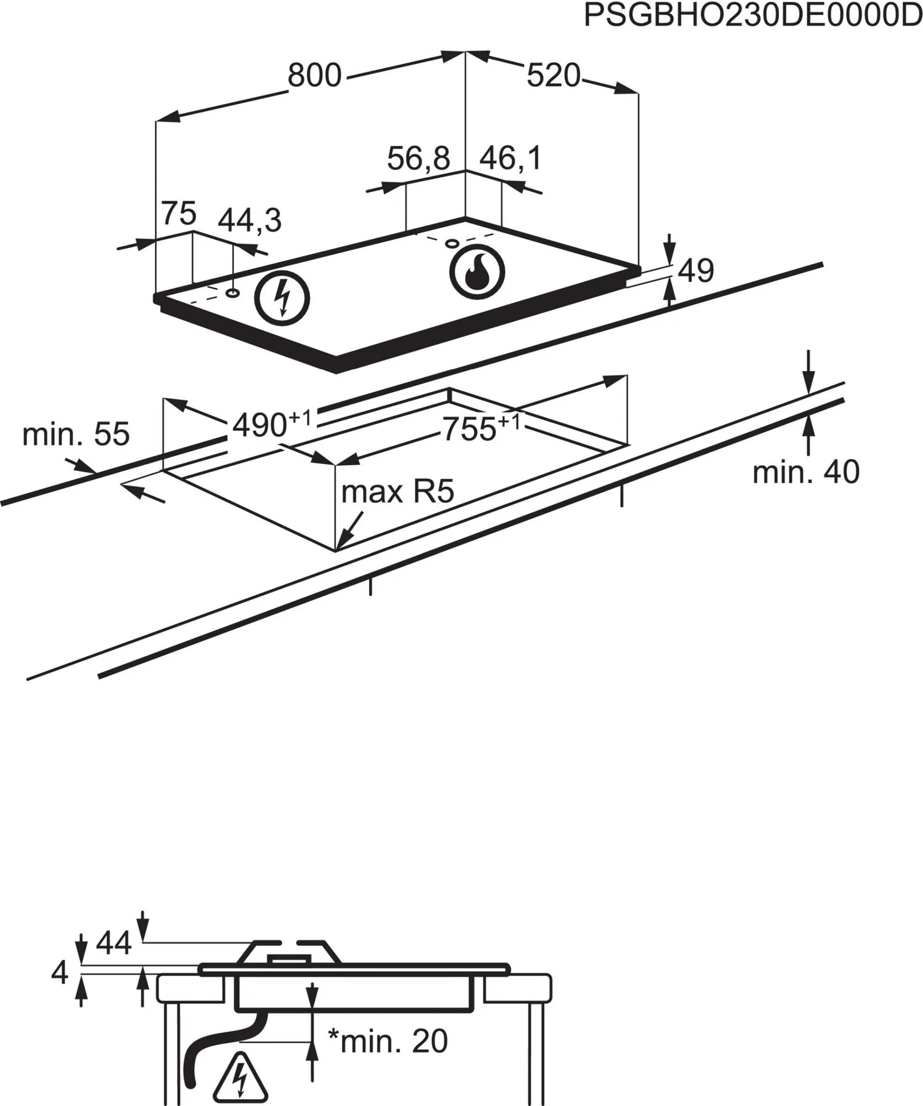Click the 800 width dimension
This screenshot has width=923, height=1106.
[314, 76]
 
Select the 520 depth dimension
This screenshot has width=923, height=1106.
[553, 76]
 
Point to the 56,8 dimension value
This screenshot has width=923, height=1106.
[418, 158]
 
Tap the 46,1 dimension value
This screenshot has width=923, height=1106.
[510, 158]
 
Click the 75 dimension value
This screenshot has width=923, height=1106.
[178, 214]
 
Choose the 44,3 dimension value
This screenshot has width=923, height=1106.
[250, 220]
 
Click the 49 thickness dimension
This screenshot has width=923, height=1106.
[696, 270]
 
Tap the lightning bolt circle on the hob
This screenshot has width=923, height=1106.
[282, 299]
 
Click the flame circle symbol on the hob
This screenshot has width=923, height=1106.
[477, 271]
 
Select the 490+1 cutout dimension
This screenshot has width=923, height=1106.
[271, 423]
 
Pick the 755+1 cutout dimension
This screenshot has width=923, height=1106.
[481, 428]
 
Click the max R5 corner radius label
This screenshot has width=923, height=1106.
[398, 492]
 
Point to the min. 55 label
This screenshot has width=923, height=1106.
[76, 435]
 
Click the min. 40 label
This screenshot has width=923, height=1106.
[805, 472]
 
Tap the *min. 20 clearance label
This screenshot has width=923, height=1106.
[388, 1041]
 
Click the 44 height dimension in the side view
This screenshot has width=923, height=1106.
[114, 944]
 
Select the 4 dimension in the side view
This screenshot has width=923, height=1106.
[60, 973]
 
